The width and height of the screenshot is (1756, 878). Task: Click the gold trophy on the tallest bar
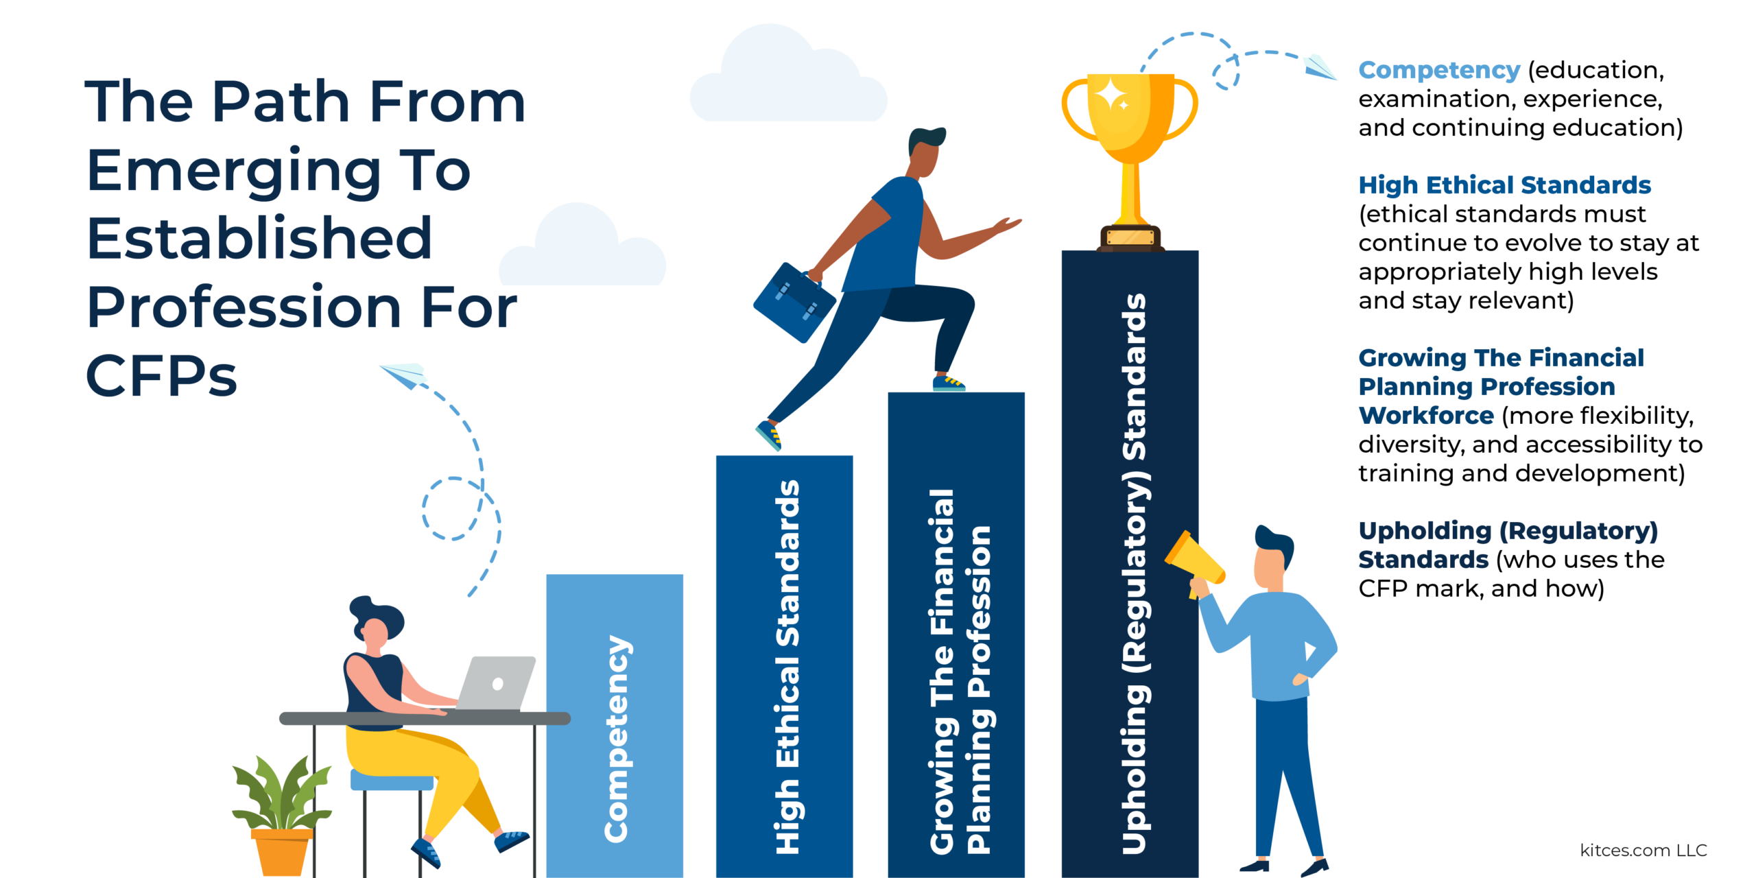tap(1130, 161)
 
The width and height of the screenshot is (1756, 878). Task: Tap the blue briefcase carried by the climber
tap(794, 302)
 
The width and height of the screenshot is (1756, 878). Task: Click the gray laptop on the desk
tap(495, 683)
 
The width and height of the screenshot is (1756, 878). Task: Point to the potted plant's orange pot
tap(282, 851)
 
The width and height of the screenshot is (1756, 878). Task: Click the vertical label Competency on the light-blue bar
tap(617, 739)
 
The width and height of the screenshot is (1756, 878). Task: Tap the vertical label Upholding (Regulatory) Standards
tap(1135, 574)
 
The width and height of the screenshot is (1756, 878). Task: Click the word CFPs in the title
tap(162, 376)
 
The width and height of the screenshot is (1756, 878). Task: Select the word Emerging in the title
tap(234, 171)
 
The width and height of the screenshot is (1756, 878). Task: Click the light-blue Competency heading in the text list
tap(1439, 70)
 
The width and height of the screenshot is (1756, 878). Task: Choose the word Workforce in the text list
tap(1426, 416)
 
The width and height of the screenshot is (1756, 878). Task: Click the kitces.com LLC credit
tap(1644, 851)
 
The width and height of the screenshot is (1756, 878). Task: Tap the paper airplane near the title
tap(405, 375)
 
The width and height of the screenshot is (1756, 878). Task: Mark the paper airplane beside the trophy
tap(1320, 67)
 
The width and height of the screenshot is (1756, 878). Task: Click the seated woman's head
tap(376, 623)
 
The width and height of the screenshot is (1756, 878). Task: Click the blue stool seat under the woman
tap(392, 780)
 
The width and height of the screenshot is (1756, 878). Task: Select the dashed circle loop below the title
tap(453, 508)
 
